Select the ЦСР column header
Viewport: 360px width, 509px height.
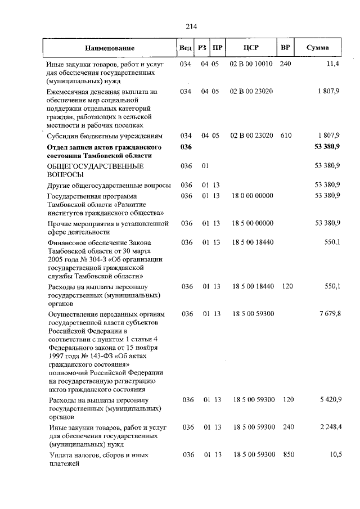point(250,48)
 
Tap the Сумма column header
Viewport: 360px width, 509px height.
point(318,48)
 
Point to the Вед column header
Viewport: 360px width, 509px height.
point(186,48)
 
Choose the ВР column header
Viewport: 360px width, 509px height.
point(285,48)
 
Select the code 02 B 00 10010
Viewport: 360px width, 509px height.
point(251,64)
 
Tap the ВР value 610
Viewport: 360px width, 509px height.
point(286,136)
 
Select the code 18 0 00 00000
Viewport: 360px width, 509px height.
point(251,195)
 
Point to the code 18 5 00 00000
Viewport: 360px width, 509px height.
point(251,223)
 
